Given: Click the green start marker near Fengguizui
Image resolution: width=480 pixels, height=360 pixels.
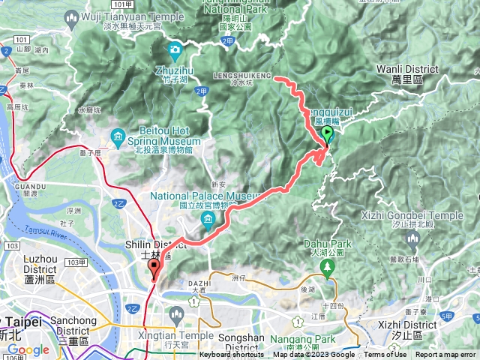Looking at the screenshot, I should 327,135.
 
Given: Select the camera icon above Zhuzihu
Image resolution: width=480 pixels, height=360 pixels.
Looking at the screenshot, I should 175,51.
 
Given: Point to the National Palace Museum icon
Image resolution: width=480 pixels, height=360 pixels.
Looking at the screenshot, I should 207,218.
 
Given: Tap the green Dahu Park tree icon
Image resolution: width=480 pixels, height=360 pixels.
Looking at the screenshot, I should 326,266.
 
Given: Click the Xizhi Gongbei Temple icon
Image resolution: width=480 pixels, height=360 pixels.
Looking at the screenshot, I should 412,238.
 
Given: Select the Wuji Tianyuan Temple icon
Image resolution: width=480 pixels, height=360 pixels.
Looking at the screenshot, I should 72,16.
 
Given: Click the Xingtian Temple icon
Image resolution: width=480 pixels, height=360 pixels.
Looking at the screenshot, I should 176,313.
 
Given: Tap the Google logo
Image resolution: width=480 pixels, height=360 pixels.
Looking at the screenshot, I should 28,349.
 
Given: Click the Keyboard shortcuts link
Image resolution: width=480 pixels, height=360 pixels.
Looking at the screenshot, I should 232,355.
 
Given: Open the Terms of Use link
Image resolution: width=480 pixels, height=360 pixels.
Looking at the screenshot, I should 385,355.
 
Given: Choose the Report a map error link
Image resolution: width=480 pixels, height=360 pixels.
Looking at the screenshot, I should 446,355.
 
